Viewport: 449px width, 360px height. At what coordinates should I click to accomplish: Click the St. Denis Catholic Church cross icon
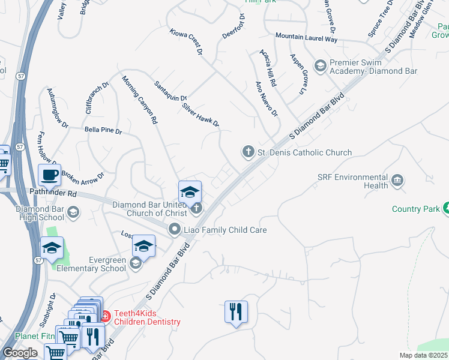249,152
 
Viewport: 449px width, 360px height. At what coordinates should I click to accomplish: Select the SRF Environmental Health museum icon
397,181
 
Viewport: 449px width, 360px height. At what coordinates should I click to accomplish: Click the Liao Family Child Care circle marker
175,229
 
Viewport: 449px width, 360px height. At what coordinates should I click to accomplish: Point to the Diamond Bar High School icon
73,212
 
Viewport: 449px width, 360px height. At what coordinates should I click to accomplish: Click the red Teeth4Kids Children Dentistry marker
105,314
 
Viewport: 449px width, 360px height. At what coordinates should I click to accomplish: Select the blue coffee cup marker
49,175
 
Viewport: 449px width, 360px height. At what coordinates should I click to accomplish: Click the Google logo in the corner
20,353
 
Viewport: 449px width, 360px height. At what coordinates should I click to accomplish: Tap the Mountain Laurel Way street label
306,38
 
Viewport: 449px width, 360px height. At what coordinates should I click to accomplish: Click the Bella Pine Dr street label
103,130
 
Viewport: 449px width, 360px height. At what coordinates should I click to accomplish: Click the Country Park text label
416,209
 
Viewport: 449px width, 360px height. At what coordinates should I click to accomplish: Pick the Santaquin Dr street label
170,92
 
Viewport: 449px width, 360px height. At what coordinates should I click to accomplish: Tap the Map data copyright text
424,355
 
